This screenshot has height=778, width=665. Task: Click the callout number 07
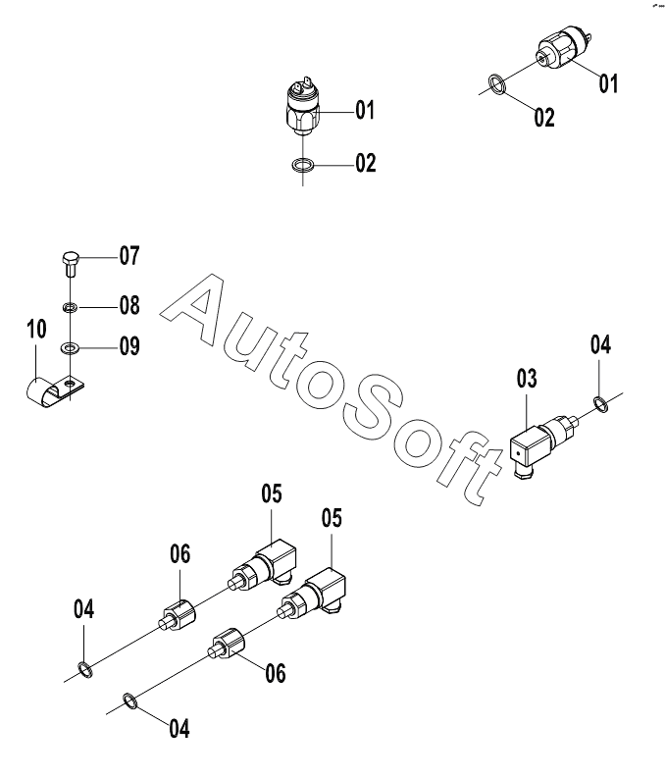pos(129,257)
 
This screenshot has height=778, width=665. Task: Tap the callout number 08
pos(129,305)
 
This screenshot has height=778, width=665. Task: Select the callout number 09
pos(129,346)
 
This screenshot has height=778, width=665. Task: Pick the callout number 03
pos(528,378)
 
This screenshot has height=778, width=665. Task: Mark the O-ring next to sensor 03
pos(601,400)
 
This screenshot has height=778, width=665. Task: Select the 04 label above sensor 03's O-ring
pos(600,344)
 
